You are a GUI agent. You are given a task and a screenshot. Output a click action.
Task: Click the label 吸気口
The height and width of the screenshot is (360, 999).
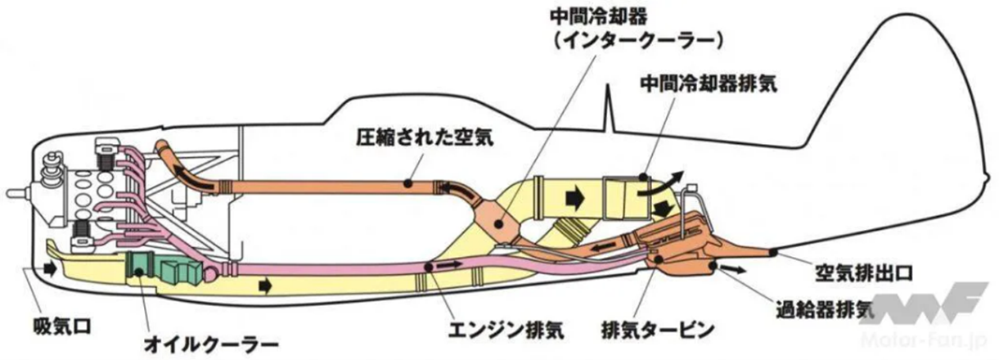[62, 327]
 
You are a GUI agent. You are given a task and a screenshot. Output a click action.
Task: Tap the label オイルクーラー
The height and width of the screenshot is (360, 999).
[211, 344]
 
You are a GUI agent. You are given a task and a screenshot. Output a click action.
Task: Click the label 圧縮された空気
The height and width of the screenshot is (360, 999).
[425, 137]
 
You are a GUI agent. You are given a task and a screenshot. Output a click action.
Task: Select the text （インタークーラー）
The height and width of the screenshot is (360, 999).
[637, 42]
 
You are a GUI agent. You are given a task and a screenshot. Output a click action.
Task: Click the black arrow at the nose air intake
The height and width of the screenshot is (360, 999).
[51, 269]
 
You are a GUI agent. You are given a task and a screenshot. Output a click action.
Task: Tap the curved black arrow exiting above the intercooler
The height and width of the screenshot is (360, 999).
[661, 184]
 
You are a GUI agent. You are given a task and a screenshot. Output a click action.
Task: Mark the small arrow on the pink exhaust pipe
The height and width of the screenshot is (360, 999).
[448, 265]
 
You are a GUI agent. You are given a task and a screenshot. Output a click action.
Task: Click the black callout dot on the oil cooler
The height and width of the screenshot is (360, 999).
[139, 271]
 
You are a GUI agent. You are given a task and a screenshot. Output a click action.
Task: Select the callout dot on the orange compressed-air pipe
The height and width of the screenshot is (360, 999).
[407, 183]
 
